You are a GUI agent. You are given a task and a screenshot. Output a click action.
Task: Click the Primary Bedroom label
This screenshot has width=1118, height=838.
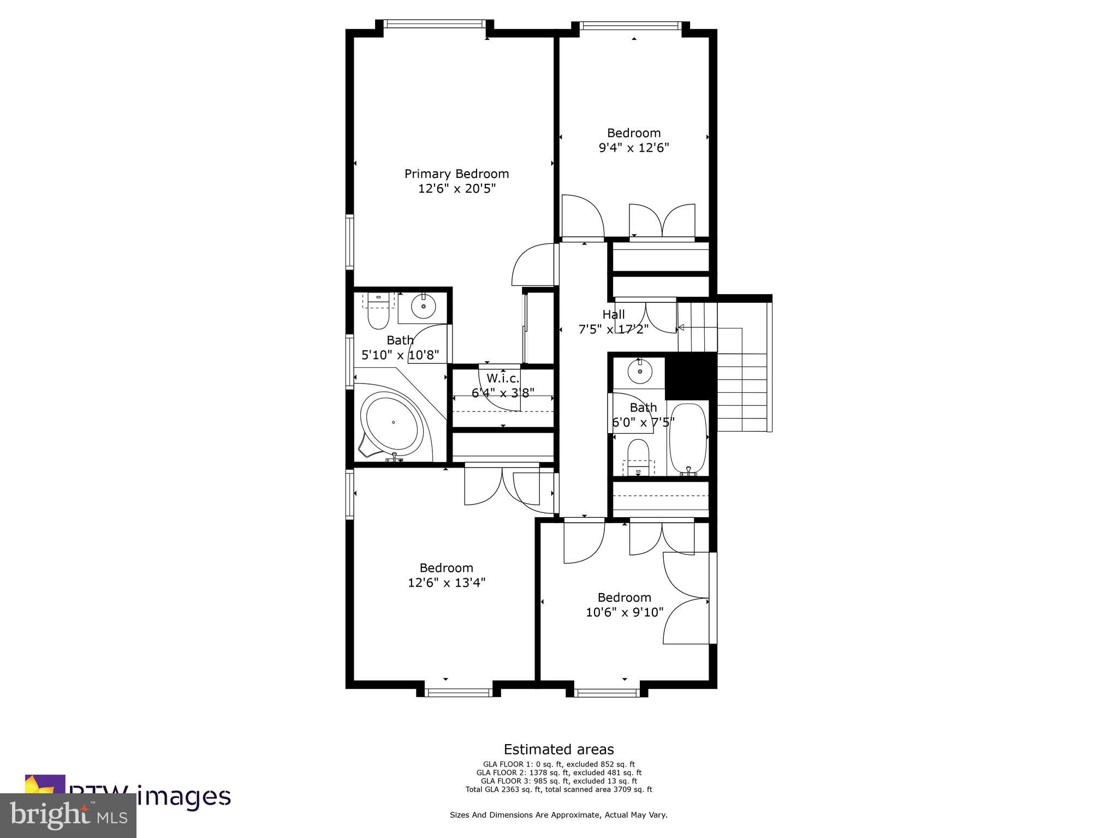point(456,174)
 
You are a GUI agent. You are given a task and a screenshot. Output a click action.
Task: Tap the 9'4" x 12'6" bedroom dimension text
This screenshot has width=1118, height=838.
point(634,148)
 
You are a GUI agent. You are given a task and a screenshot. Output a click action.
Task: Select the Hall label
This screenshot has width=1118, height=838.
point(614,314)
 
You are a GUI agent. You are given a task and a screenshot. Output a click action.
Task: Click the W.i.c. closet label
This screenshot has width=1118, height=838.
point(502,378)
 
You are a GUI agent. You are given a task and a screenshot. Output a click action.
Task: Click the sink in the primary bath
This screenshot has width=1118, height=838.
point(423,307)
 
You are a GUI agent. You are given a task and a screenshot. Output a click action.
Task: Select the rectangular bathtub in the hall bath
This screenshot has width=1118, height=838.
point(688,438)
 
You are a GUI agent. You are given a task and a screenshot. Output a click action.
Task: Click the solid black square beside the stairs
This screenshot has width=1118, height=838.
point(690,376)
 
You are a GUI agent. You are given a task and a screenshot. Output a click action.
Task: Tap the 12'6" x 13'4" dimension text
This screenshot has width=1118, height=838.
point(447,583)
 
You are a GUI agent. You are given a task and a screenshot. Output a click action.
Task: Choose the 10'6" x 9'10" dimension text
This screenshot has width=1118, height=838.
point(625,612)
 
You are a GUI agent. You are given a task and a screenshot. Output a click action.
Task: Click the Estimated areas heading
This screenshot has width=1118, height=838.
point(558,750)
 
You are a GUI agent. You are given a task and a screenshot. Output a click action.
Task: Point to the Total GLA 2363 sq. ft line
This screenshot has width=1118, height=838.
point(558,789)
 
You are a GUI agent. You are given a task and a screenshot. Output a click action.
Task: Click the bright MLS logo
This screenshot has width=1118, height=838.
point(68,815)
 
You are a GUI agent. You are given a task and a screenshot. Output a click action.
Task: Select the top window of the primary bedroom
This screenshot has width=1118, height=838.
point(434,24)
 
